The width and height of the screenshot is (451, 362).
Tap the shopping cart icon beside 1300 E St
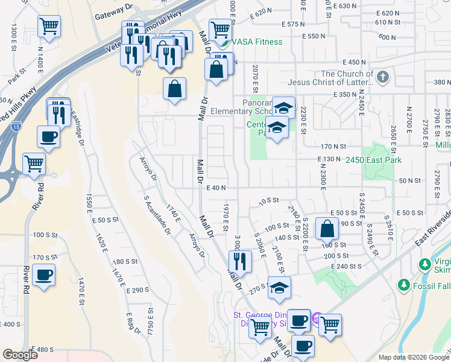coord(48,27)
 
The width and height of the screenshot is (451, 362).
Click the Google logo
coord(19,355)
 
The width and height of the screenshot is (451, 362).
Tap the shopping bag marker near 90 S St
coord(326,230)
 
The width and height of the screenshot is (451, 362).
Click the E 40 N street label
coord(215,188)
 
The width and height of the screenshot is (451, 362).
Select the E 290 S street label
coord(137,290)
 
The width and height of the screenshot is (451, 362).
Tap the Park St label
coord(14,79)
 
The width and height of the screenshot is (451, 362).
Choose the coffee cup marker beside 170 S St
coord(43,276)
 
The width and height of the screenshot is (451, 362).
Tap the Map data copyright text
coord(413,357)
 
